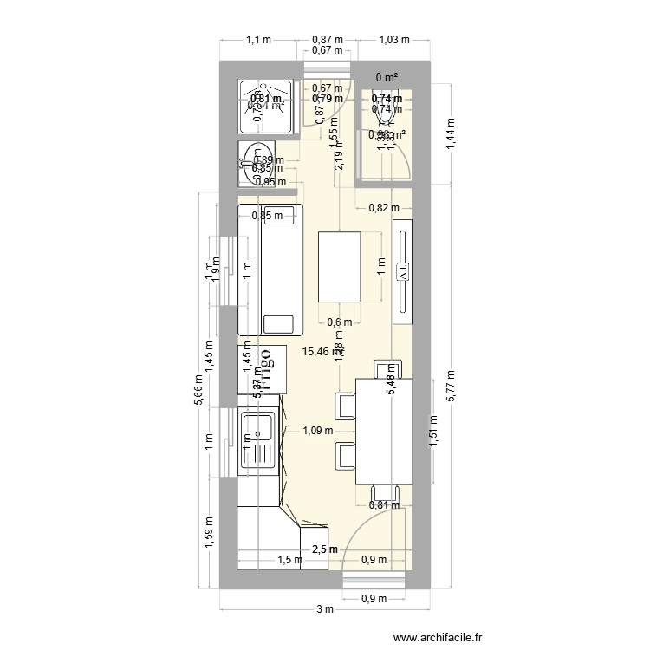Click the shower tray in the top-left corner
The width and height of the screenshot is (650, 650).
[x=266, y=105]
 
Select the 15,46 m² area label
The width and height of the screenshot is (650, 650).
[x=321, y=352]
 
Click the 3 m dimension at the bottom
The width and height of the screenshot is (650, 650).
[x=324, y=610]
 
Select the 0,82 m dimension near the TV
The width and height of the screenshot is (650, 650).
[x=383, y=207]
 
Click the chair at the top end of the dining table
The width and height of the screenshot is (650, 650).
[x=385, y=368]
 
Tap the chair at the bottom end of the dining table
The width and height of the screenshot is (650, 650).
[x=384, y=492]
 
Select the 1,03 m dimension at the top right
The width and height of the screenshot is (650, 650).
[x=393, y=40]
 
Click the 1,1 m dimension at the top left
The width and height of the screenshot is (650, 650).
[x=258, y=40]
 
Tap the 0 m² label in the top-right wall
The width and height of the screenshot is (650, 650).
[x=387, y=78]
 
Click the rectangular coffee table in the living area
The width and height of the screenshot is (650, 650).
[x=339, y=265]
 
